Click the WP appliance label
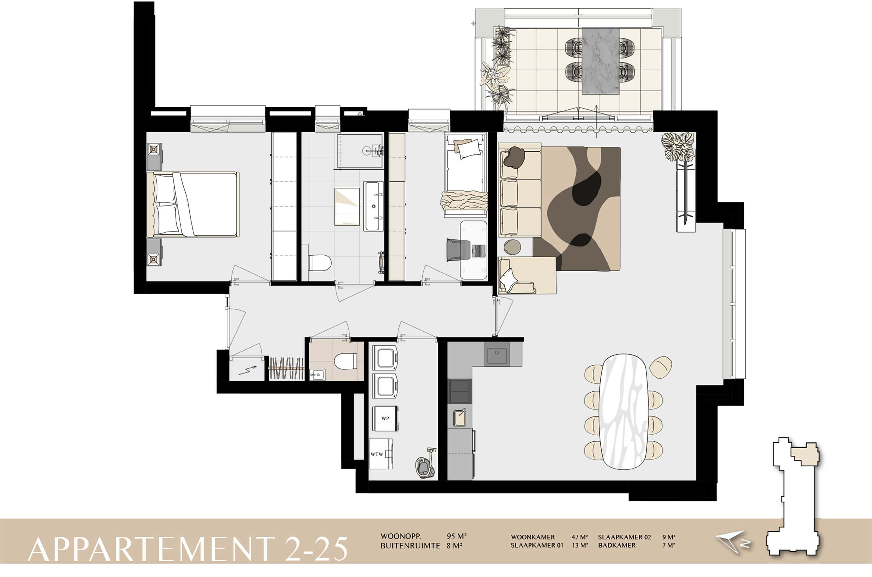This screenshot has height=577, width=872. [x=385, y=419]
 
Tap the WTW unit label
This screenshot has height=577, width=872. [x=377, y=454]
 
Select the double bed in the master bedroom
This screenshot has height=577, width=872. [x=193, y=204]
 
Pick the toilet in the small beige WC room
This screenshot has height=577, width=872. [x=345, y=361]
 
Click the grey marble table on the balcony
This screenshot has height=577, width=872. [x=601, y=61]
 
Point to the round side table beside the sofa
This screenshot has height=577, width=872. [x=512, y=246]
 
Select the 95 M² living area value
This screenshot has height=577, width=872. [x=456, y=536]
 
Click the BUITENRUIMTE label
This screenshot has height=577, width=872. [x=410, y=546]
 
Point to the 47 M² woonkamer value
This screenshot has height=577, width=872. [x=579, y=537]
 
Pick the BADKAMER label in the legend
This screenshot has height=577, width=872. [x=617, y=545]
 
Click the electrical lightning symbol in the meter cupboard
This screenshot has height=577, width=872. [x=247, y=370]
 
